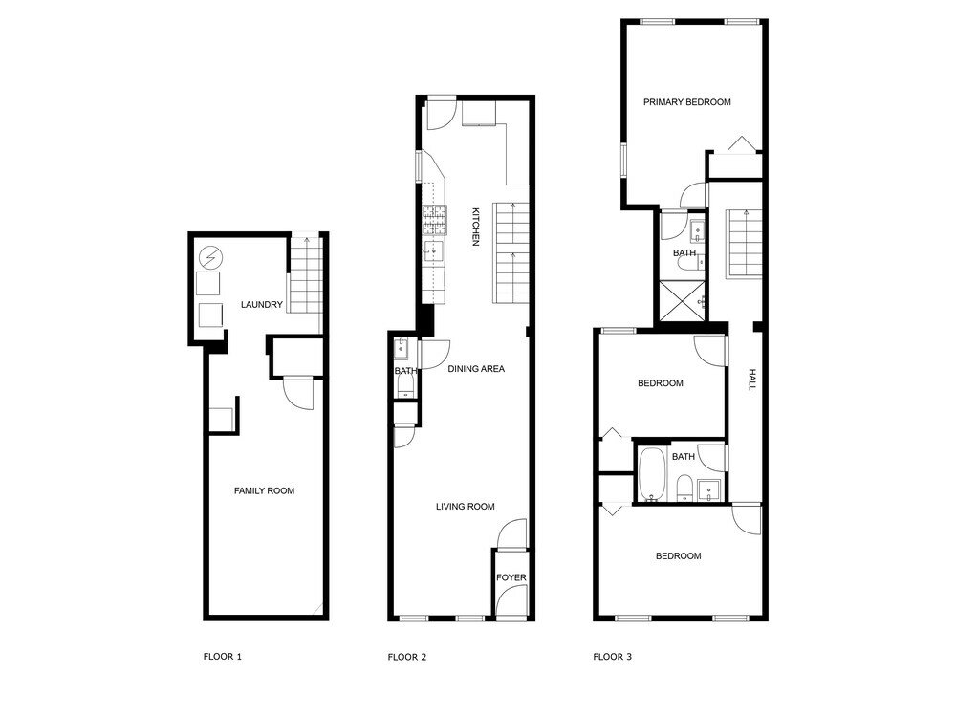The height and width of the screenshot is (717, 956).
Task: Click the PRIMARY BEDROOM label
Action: point(686,102)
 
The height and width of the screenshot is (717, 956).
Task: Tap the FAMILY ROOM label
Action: point(264,490)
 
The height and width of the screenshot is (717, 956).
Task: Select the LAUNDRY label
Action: point(261,305)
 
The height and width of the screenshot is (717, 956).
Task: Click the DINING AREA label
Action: point(476,368)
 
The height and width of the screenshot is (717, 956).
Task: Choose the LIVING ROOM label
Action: point(465,507)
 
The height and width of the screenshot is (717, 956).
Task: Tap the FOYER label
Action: point(511,577)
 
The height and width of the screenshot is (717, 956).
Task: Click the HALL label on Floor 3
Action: point(751,380)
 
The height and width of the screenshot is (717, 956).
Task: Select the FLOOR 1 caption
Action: point(223,657)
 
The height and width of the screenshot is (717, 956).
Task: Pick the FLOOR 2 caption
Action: point(407,657)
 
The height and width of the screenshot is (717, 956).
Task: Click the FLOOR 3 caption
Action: point(612,657)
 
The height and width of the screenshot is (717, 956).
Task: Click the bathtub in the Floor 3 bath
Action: point(652,474)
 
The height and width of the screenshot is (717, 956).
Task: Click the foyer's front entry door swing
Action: point(511,600)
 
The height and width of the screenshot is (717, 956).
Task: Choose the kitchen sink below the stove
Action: point(434,253)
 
